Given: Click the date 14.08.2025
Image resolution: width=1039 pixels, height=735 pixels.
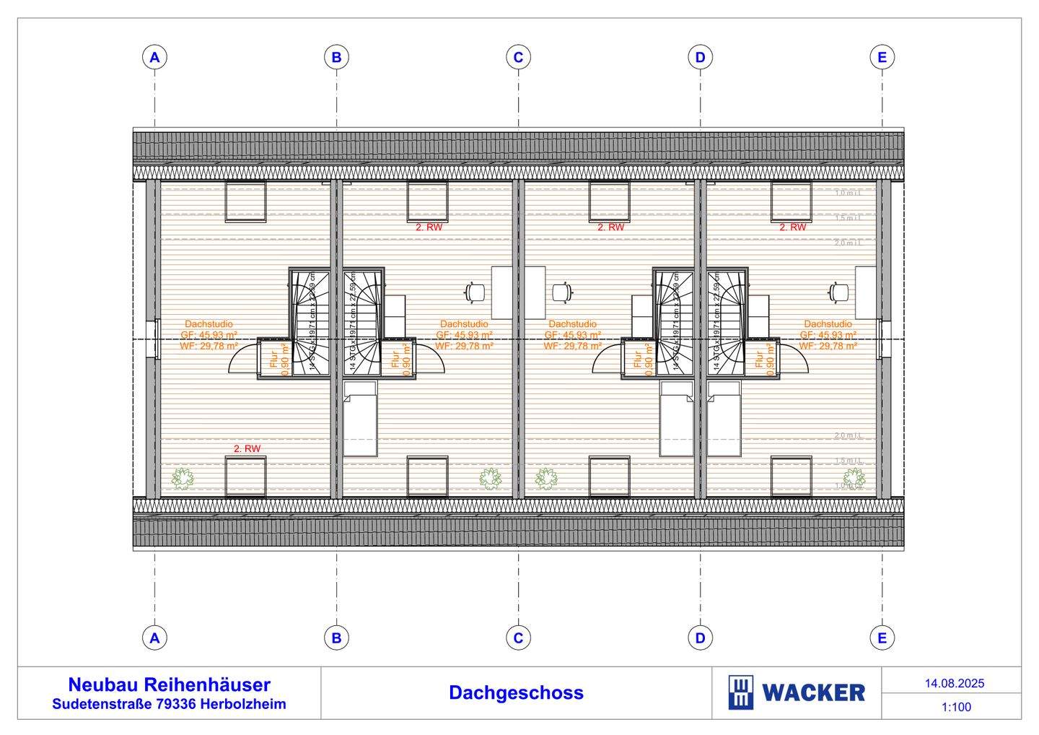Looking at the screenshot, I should coord(955,683).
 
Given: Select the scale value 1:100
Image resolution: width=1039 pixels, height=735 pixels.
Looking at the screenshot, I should coord(956,707).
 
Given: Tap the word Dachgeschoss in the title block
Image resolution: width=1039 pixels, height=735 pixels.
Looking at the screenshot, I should coord(516,692).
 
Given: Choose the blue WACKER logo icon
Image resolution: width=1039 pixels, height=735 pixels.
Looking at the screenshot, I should coord(741,693).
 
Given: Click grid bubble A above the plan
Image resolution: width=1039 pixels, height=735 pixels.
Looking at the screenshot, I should coord(154,57).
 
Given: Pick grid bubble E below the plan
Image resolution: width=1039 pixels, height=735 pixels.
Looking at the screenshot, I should coord(882,638).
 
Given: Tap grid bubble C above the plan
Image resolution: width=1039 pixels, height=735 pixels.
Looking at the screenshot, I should coord(518,57).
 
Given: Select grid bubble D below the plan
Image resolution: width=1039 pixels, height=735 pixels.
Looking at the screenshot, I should coord(700,638).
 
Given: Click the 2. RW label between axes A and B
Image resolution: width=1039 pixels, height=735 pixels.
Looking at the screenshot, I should coord(247,448).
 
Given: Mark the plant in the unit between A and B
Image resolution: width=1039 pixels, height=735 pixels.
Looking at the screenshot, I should coord(183,477).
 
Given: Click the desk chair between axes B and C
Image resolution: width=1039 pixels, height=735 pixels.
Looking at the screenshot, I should coord(475,292).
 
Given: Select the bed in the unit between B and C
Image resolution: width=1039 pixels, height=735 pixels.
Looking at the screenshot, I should coord(360,419).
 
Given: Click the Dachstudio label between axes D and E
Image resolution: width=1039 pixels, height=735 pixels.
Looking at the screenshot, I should coord(828,324).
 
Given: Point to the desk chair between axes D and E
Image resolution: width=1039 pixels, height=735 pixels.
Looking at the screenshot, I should coord(838,292).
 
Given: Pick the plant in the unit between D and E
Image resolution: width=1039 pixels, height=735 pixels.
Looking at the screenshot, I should coord(854,477).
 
